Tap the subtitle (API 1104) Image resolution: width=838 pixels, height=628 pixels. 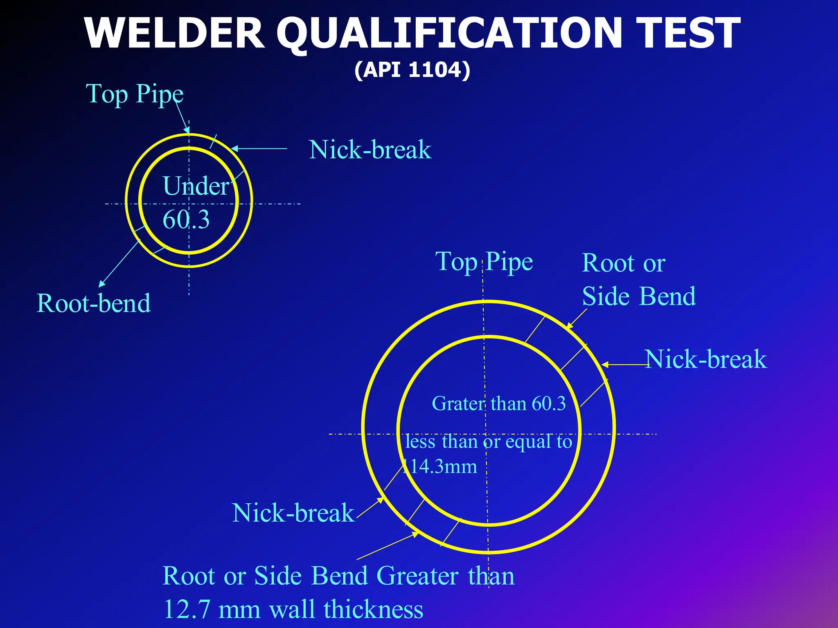click(x=412, y=70)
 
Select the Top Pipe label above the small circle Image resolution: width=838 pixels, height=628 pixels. click(x=135, y=94)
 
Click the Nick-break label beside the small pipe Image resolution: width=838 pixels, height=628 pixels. click(x=370, y=150)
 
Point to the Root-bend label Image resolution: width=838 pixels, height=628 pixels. click(x=94, y=303)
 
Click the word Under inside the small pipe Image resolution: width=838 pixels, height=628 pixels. click(x=196, y=186)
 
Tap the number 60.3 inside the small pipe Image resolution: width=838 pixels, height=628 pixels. click(x=186, y=220)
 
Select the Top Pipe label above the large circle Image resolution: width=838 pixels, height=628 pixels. click(x=484, y=262)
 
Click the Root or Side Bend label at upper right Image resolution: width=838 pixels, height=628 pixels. click(x=638, y=280)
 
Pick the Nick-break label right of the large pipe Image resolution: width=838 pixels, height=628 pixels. click(x=705, y=359)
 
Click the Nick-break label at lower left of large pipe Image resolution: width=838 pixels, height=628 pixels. click(x=293, y=513)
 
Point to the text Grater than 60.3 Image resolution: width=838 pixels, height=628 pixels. click(x=498, y=404)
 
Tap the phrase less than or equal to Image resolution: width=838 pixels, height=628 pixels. click(x=489, y=442)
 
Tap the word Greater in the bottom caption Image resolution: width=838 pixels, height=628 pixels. click(x=417, y=576)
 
